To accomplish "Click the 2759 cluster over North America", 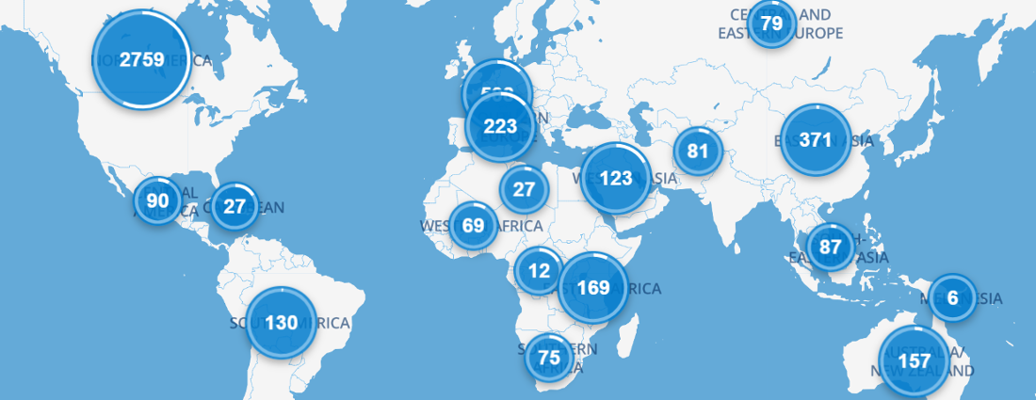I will coord(142,58).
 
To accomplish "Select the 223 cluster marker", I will coord(500,126).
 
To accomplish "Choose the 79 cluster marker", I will coord(771,23).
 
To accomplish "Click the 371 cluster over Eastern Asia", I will coord(816,140).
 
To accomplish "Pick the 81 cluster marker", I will coord(697,151).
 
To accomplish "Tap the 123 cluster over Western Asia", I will coord(616,178).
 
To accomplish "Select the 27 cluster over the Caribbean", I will coord(235,206).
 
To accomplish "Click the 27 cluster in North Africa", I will coord(524,188).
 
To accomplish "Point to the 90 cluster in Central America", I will coord(157,200).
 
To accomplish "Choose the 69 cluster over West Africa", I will coord(473,225).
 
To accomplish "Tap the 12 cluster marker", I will coord(539,270).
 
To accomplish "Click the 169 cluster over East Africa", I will coord(593,287).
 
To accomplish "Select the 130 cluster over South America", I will coord(281,322).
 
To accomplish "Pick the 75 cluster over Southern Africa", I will coord(548,357).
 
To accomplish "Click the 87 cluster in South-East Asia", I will coord(830,247).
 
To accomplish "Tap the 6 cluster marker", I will coord(952,298).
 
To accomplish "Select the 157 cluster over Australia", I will coord(914,360).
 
